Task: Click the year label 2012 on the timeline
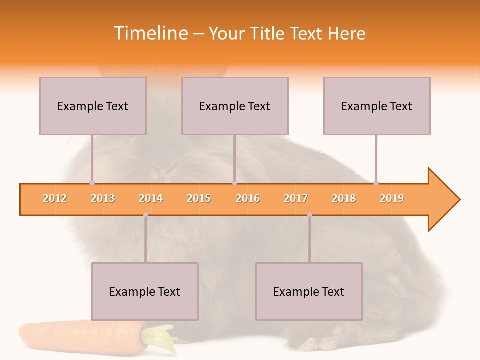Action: pos(55,198)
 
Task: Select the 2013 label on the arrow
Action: pos(103,198)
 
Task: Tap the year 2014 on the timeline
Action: pos(151,198)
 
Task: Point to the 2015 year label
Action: pos(199,198)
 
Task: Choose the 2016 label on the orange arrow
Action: pos(248,198)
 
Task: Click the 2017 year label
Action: pos(296,198)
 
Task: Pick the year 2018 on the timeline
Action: pos(344,198)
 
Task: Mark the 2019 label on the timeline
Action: pos(392,198)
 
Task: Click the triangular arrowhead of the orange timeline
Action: pos(443,200)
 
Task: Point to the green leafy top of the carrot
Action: pos(161,337)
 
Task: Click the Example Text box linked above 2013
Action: pos(93,106)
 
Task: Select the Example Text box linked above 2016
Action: pos(235,106)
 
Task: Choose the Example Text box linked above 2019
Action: pos(377,106)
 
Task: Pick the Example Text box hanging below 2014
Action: pos(145,291)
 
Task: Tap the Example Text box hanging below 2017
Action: pos(309,291)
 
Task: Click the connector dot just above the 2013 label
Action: pos(92,183)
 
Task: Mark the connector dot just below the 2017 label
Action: pos(309,215)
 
